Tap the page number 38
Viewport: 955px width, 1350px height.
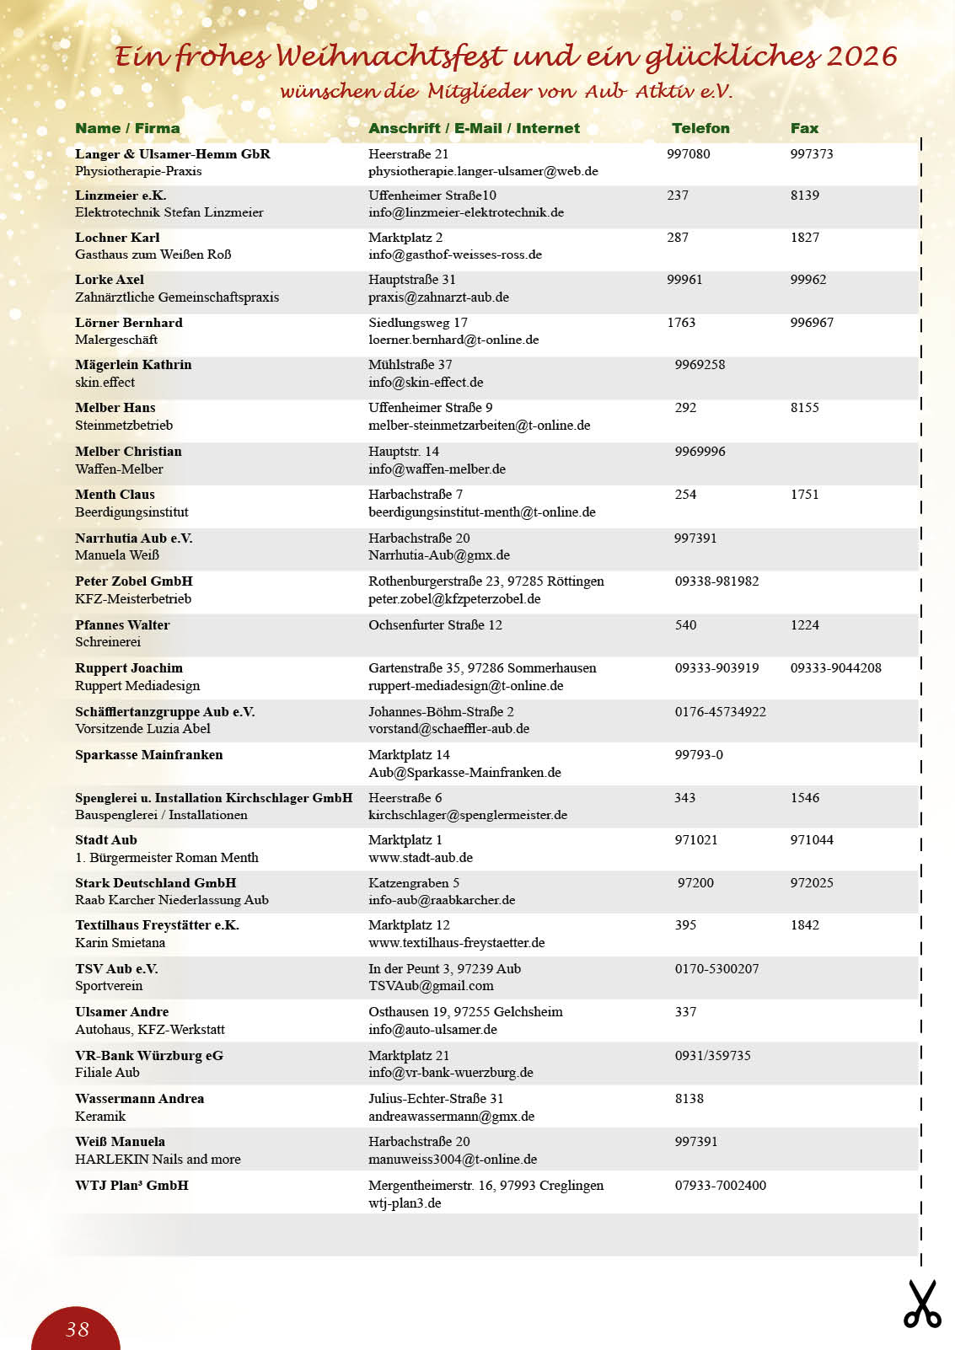point(78,1329)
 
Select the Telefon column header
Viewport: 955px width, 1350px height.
point(700,128)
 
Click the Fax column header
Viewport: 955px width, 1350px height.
point(804,128)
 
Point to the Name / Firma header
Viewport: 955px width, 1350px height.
point(127,128)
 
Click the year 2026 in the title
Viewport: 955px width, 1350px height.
point(861,56)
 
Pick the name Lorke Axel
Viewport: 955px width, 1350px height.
point(110,280)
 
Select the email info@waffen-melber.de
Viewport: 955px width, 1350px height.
point(437,469)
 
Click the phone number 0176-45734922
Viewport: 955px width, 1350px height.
point(720,711)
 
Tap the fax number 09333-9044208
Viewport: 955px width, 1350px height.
point(835,667)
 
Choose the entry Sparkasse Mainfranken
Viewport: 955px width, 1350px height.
point(149,754)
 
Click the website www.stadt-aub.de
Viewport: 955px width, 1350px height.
point(421,857)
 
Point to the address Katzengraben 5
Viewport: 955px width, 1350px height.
point(414,882)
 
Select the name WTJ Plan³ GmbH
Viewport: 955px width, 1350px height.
point(131,1185)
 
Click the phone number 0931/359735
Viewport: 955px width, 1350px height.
point(712,1055)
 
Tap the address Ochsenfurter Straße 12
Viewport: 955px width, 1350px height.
point(435,624)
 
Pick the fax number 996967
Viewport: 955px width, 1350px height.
point(812,322)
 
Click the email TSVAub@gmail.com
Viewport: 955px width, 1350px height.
point(431,985)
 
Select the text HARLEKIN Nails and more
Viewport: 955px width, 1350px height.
point(158,1159)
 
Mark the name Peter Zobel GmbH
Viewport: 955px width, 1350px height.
point(134,581)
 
